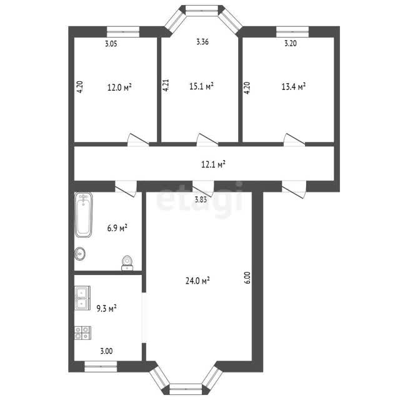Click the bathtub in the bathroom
click(x=83, y=214)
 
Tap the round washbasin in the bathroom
click(x=80, y=254)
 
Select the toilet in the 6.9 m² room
click(x=127, y=262)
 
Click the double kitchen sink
click(x=82, y=298)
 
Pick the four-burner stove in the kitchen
click(x=82, y=333)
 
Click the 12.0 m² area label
click(x=119, y=87)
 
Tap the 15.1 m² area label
click(x=201, y=86)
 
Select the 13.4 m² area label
click(x=293, y=87)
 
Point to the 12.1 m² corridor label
click(x=213, y=164)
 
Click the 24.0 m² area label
click(x=197, y=281)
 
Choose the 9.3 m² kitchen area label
click(x=106, y=308)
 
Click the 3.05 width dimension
click(x=111, y=44)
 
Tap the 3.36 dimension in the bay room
click(x=202, y=42)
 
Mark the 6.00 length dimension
click(x=247, y=277)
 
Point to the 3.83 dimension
click(x=201, y=199)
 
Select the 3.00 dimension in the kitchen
click(x=106, y=351)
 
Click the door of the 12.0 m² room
click(x=138, y=139)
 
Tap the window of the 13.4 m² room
click(x=292, y=32)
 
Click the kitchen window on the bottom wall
click(x=101, y=366)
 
